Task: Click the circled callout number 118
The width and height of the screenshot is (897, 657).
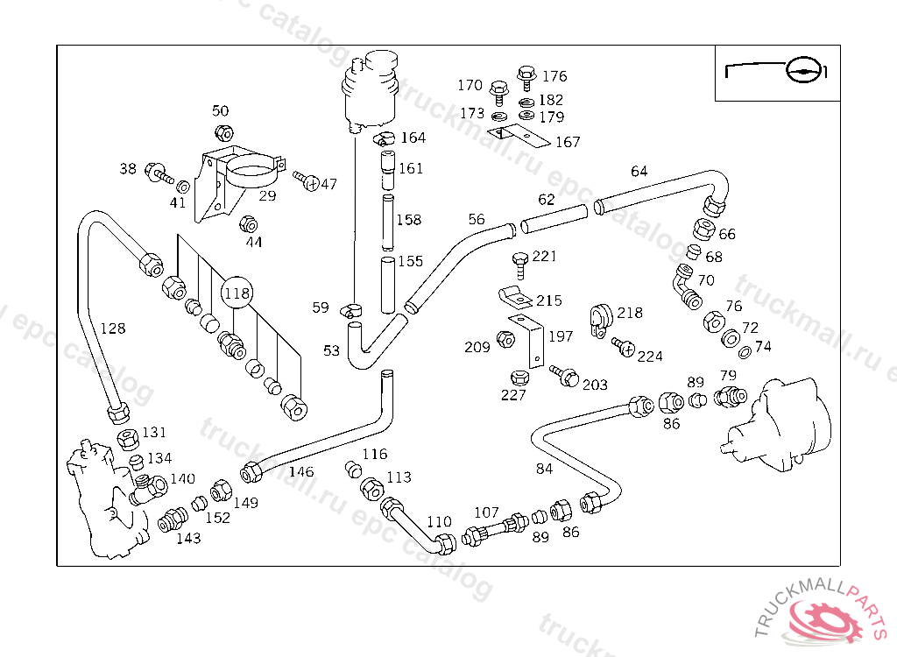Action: coord(237,293)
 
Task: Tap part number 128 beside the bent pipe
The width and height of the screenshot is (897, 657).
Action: coord(113,328)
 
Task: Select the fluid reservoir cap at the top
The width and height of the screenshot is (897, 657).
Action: coord(381,60)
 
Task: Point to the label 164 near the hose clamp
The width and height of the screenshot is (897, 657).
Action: coord(413,138)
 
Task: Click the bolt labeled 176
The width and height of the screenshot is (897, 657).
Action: coord(526,78)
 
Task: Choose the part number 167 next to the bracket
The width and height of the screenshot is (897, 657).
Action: coord(568,142)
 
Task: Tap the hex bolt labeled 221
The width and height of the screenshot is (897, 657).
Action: coord(520,265)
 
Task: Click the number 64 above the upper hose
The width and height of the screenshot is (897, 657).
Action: coord(639,171)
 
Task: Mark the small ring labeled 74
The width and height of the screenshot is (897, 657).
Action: coord(745,352)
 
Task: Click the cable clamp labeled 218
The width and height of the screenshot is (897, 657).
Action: coord(600,321)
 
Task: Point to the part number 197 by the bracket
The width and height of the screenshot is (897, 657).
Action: coord(561,336)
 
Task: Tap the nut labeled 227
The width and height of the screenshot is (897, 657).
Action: coord(519,378)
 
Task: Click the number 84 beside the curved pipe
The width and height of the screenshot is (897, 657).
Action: coord(544,470)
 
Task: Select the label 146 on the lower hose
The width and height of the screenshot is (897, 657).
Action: coord(301,471)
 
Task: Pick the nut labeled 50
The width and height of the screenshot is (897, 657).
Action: coord(223,133)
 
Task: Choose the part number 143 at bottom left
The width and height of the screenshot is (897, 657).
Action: coord(189,539)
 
